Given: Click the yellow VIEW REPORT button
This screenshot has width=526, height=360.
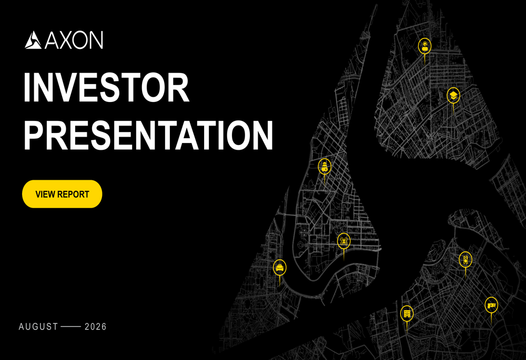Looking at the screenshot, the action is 62,194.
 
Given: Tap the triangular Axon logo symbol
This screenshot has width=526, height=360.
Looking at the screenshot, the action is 33,40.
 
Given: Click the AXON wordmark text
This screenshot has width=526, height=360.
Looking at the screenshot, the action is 74,40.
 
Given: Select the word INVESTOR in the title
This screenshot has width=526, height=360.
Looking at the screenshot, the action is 106,87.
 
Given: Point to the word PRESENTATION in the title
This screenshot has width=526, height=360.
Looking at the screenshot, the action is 148,135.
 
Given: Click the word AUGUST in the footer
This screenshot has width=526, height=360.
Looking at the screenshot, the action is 38,327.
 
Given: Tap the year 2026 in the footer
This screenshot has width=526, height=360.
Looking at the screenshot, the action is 96,327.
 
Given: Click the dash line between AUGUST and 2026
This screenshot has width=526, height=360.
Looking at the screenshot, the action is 71,326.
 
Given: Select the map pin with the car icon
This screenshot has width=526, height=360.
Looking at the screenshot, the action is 279,268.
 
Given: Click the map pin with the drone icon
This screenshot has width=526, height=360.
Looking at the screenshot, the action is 344,241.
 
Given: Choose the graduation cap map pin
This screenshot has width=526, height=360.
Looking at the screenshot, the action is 453,96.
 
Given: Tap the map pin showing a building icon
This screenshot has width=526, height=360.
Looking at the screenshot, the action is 407,314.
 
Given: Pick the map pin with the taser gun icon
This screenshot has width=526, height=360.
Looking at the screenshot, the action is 491,305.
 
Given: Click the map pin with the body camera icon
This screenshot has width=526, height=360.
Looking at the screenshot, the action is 466,260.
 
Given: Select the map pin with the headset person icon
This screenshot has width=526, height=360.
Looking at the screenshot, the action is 424,46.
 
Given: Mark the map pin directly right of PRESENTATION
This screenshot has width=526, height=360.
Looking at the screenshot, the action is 325,167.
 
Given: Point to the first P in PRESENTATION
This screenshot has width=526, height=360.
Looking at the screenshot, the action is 34,135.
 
